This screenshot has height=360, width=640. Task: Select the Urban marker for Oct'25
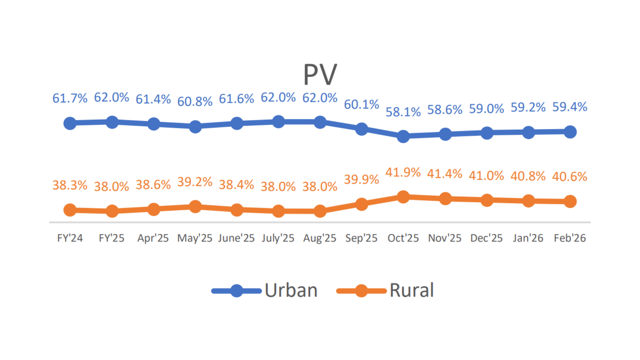pyautogui.click(x=403, y=136)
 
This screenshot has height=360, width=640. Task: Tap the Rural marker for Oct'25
pyautogui.click(x=403, y=197)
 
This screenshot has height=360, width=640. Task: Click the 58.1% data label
pyautogui.click(x=403, y=112)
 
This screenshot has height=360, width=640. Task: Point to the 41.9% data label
pyautogui.click(x=403, y=173)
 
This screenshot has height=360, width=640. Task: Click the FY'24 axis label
pyautogui.click(x=70, y=238)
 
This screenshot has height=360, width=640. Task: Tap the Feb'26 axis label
pyautogui.click(x=570, y=238)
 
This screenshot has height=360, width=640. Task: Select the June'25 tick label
pyautogui.click(x=236, y=238)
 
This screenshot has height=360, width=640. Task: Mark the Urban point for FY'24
pyautogui.click(x=70, y=123)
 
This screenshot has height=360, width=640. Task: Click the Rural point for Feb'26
pyautogui.click(x=570, y=201)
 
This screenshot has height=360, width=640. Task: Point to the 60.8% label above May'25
pyautogui.click(x=195, y=102)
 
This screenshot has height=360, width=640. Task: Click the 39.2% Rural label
pyautogui.click(x=195, y=182)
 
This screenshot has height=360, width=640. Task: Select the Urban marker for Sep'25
pyautogui.click(x=362, y=129)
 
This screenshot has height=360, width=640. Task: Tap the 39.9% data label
pyautogui.click(x=361, y=180)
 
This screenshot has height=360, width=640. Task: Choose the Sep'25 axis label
pyautogui.click(x=361, y=238)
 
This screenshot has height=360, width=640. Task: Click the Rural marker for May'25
pyautogui.click(x=195, y=207)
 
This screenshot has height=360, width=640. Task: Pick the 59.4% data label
pyautogui.click(x=570, y=107)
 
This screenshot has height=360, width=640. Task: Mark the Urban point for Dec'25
pyautogui.click(x=487, y=133)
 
